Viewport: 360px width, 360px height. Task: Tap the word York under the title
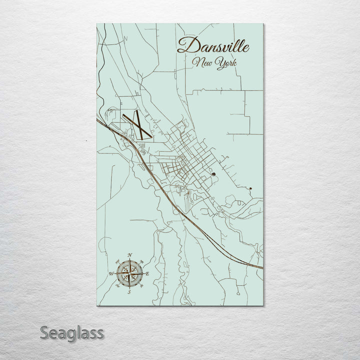tap(226, 63)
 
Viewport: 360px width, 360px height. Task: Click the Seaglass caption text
tap(72, 332)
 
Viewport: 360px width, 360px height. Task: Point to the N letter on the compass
tap(130, 255)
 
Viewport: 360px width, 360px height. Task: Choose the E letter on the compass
tap(147, 273)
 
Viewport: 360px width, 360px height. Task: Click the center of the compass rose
tap(129, 273)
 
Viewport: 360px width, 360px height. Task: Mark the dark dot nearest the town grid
tap(213, 174)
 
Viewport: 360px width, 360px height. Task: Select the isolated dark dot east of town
tap(250, 188)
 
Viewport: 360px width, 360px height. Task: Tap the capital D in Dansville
tap(185, 46)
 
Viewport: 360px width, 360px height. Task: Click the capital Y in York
tap(218, 63)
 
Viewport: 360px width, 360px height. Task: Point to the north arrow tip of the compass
tap(129, 259)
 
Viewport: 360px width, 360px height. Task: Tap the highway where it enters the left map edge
tap(97, 119)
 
